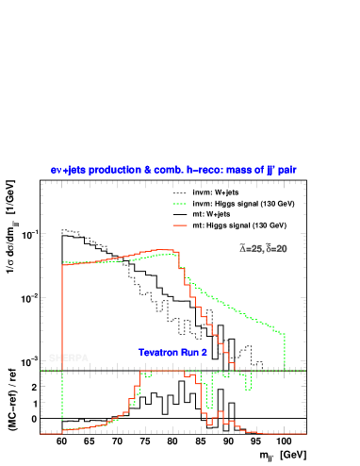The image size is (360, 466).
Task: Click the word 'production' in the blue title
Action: [113, 170]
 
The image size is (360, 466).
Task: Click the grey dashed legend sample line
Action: [180, 194]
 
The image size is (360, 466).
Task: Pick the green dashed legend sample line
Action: [180, 203]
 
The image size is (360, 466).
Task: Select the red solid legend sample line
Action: [180, 225]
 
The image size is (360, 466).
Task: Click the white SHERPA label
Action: [68, 358]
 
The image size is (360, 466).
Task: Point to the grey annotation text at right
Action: [264, 249]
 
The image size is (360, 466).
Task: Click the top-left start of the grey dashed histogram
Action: [63, 230]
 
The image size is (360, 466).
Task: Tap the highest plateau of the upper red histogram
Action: [162, 250]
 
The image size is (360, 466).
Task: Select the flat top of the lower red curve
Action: [160, 371]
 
